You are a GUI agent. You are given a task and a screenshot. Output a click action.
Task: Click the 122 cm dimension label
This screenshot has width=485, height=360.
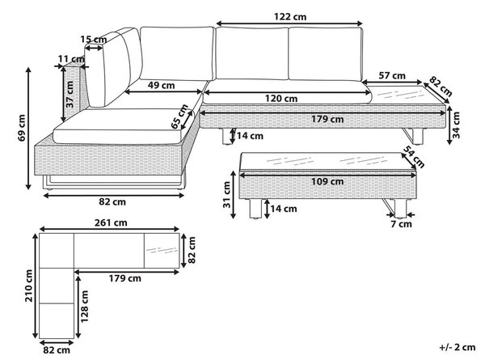click(290, 17)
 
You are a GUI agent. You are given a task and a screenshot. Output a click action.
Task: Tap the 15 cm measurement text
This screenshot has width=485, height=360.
click(94, 40)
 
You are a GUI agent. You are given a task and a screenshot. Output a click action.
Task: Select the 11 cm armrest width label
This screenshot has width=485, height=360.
click(71, 59)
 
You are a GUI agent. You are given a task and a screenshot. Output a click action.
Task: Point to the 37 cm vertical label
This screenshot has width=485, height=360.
click(70, 95)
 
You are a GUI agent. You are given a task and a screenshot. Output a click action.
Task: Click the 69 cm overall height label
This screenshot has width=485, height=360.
click(22, 128)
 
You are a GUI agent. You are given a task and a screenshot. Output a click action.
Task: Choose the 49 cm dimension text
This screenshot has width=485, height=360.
click(161, 85)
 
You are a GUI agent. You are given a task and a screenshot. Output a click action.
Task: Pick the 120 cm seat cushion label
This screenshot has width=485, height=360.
click(281, 99)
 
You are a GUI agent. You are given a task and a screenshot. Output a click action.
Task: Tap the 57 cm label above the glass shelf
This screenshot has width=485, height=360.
click(392, 75)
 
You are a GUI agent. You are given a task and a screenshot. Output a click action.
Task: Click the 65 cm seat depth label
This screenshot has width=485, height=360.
click(179, 116)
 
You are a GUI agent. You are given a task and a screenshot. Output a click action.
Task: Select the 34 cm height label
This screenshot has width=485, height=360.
click(456, 125)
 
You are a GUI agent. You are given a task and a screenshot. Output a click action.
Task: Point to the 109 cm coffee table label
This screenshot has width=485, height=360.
click(327, 181)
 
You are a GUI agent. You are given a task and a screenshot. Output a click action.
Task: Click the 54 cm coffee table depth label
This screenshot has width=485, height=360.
click(414, 157)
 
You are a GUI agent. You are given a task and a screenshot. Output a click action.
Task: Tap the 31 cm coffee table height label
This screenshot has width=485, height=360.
click(227, 195)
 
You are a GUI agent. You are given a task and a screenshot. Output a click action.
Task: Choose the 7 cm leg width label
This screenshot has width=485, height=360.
click(401, 224)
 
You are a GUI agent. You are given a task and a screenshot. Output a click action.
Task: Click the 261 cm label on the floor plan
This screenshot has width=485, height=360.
click(111, 222)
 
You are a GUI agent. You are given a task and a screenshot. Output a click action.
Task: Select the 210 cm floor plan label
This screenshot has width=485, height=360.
click(29, 286)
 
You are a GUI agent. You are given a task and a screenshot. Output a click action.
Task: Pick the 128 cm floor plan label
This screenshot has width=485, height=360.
click(84, 306)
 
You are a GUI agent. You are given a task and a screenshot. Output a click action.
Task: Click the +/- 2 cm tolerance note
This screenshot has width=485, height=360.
click(458, 347)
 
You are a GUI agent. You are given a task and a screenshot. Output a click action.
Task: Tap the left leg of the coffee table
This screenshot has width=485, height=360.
click(255, 209)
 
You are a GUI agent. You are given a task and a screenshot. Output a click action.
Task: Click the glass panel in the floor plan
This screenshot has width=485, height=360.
click(162, 251)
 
